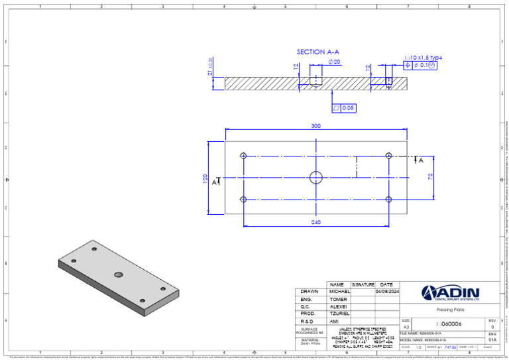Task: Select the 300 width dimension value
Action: pos(315,125)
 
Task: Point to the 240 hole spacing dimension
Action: pos(315,223)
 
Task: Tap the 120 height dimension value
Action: pos(205,178)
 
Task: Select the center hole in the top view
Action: pos(316,177)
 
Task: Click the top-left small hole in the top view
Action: pos(244,156)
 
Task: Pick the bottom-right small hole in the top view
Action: pos(388,199)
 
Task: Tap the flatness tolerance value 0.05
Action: pos(348,107)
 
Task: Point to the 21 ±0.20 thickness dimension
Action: pos(211,66)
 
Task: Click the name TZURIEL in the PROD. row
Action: pos(339,314)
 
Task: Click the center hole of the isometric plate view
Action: pos(119,274)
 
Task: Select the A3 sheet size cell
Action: pos(406,327)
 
